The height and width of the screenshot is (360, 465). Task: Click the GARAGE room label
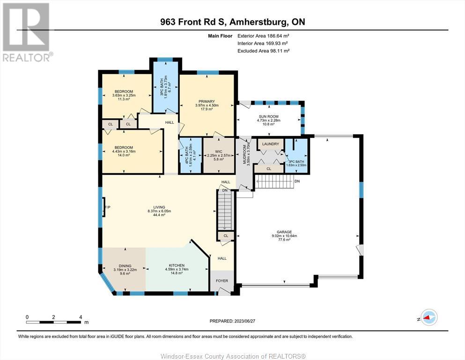click(284, 232)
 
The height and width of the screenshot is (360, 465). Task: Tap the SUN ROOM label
click(268, 117)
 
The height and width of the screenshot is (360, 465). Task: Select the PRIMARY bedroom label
click(207, 102)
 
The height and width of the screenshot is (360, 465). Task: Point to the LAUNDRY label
click(271, 144)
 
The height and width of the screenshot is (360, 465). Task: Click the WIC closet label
click(219, 152)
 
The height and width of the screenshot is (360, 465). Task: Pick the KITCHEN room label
click(177, 265)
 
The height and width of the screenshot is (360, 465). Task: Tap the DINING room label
click(125, 266)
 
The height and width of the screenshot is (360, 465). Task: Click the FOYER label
click(222, 281)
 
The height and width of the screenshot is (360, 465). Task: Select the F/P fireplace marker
click(107, 207)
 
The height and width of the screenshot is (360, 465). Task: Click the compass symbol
click(429, 317)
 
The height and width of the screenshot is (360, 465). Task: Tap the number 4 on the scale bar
click(81, 317)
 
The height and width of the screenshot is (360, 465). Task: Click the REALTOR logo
click(27, 32)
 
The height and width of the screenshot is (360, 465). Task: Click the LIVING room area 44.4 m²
click(159, 215)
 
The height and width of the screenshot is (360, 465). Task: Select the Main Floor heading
click(220, 36)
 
